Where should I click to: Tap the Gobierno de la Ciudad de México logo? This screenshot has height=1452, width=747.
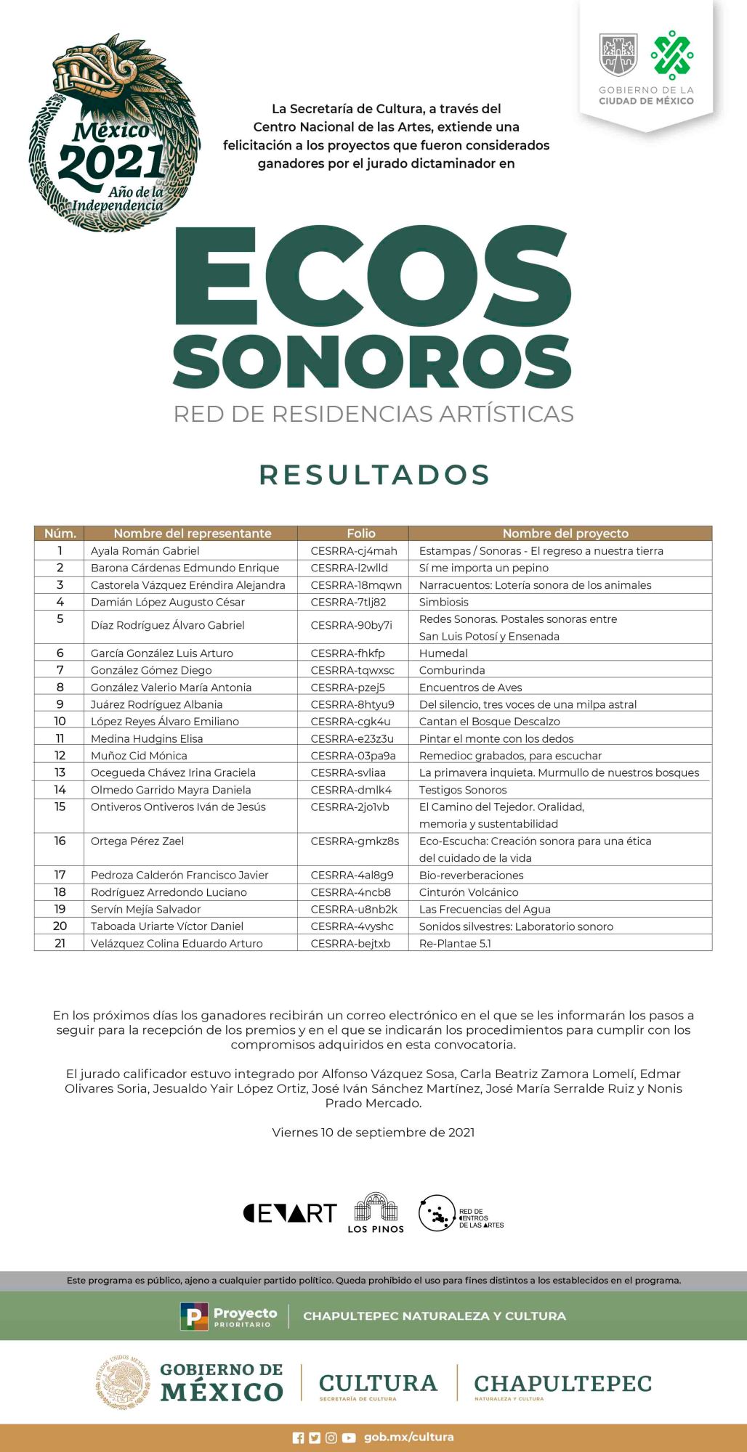(x=645, y=68)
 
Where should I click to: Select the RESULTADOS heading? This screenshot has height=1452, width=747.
(x=374, y=475)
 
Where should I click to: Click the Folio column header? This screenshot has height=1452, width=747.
(x=361, y=534)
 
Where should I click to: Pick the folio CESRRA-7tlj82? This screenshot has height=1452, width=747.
(x=348, y=602)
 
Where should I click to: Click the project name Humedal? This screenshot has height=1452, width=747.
(x=443, y=653)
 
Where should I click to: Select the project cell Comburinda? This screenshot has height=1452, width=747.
(x=451, y=670)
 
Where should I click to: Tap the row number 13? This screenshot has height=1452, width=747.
(x=60, y=772)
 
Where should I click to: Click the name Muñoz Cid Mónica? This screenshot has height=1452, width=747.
(x=139, y=756)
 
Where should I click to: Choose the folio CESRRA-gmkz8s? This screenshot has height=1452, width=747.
(x=355, y=841)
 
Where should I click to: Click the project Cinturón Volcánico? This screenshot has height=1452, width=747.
(x=469, y=892)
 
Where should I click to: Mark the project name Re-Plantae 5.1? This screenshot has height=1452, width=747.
(x=455, y=944)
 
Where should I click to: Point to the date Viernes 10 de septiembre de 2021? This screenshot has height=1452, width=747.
(x=373, y=1132)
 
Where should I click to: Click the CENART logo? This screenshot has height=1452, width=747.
(x=290, y=1213)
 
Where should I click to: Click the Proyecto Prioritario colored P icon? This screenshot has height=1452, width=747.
(x=194, y=1316)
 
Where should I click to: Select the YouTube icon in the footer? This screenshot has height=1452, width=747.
(x=349, y=1437)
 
